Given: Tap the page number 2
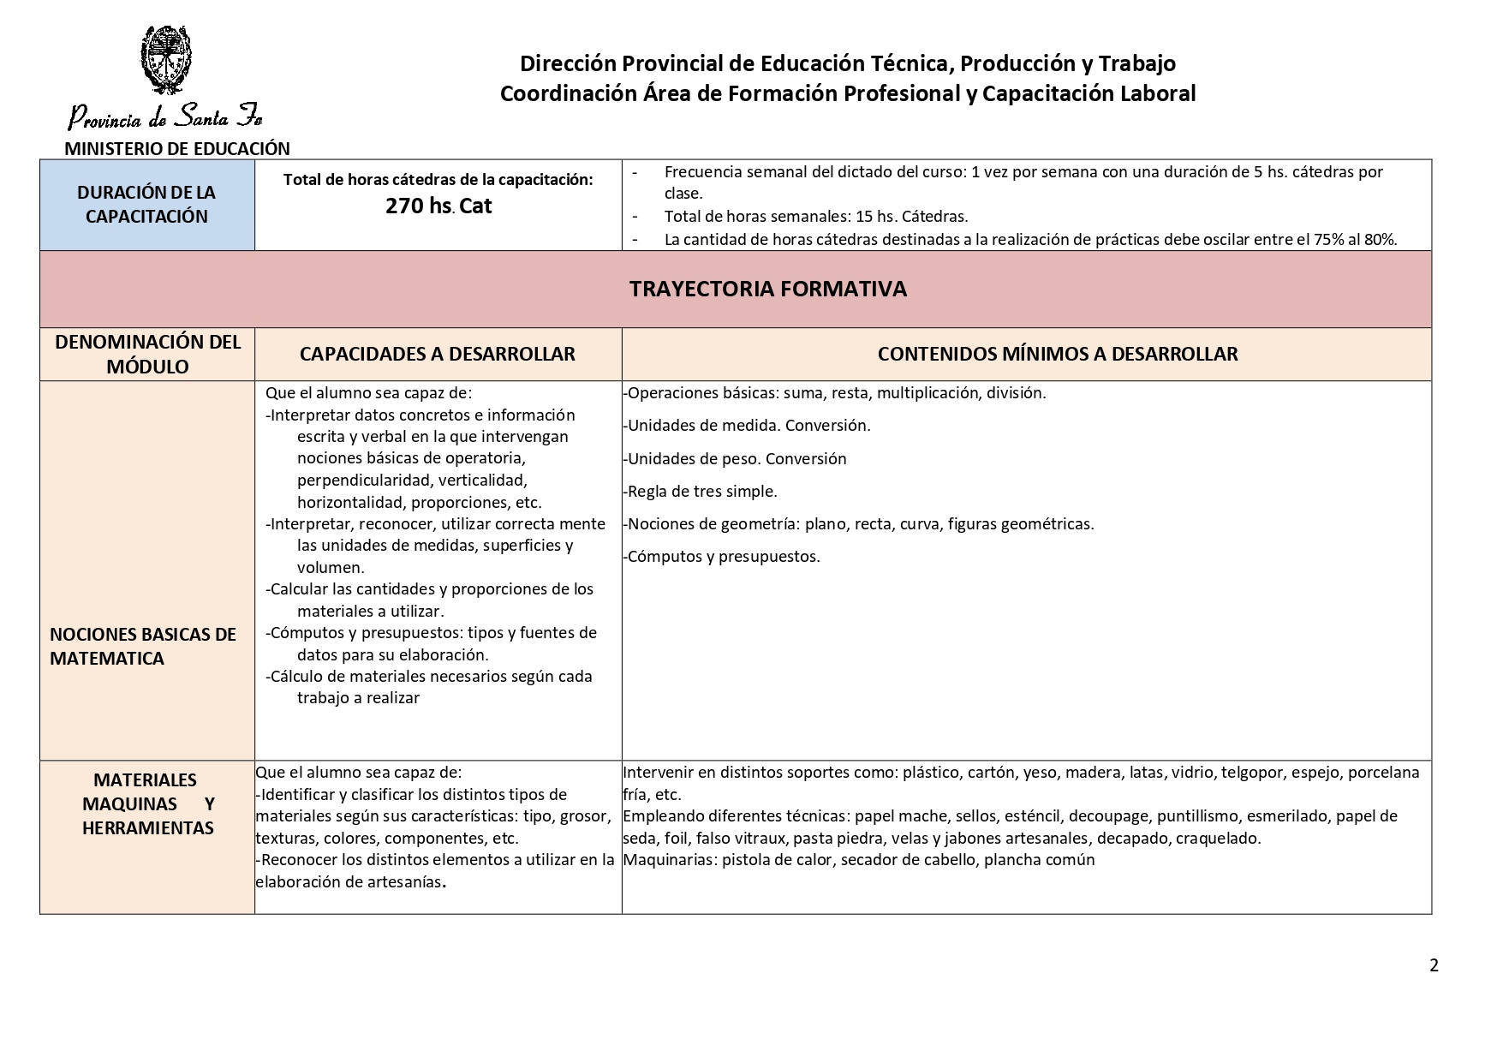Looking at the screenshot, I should pyautogui.click(x=1434, y=965).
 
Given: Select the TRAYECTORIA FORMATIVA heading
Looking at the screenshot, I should pyautogui.click(x=767, y=289).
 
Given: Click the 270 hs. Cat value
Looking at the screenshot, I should pyautogui.click(x=438, y=206).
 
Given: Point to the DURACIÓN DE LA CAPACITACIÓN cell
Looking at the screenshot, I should pyautogui.click(x=146, y=205).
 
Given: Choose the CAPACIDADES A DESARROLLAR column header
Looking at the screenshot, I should pyautogui.click(x=437, y=354).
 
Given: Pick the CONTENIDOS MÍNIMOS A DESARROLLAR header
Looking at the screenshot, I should pyautogui.click(x=1058, y=354).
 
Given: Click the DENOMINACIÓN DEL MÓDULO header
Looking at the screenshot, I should pyautogui.click(x=146, y=354).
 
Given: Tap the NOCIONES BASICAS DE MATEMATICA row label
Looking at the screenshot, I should pyautogui.click(x=142, y=646).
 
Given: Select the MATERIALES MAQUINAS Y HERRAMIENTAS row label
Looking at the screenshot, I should pyautogui.click(x=147, y=803).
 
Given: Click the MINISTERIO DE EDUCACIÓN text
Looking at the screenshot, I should pyautogui.click(x=177, y=148).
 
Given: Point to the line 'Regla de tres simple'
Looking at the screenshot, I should pyautogui.click(x=701, y=492).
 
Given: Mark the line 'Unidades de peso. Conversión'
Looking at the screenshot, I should pyautogui.click(x=736, y=459).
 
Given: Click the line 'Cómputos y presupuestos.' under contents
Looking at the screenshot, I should pyautogui.click(x=722, y=557).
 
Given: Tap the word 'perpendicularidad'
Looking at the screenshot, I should pyautogui.click(x=363, y=481).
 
